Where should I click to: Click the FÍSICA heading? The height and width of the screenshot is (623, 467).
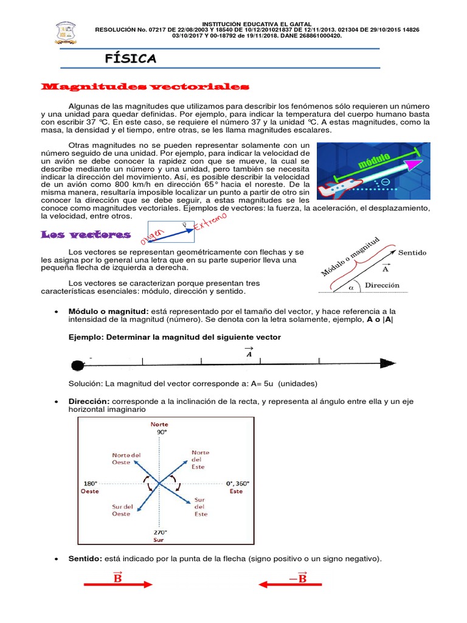[x=131, y=58]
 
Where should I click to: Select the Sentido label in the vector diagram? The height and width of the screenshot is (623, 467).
[x=412, y=252]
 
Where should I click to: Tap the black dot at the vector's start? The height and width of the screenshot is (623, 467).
[x=77, y=365]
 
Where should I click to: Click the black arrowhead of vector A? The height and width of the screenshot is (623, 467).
[x=388, y=363]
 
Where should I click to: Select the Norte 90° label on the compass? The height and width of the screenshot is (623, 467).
[x=160, y=428]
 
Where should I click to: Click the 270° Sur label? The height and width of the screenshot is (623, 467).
[x=159, y=535]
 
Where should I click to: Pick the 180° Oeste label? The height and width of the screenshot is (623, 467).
[x=90, y=487]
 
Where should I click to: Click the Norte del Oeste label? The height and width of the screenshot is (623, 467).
[x=126, y=459]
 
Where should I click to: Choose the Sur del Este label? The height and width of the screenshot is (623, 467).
[x=201, y=506]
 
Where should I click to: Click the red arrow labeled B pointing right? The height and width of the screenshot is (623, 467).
[x=117, y=585]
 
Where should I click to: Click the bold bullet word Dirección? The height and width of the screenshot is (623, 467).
[x=89, y=402]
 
